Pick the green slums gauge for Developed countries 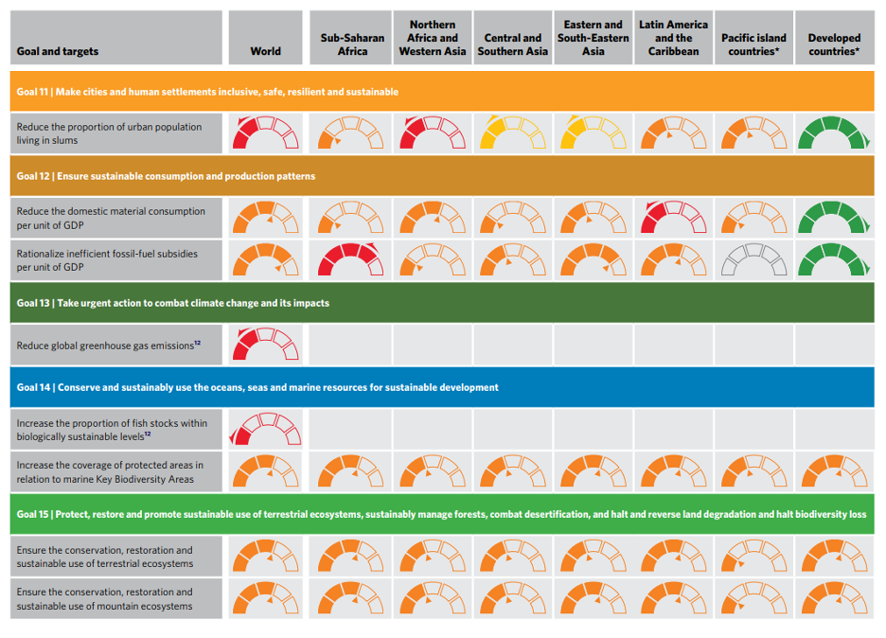(x=834, y=133)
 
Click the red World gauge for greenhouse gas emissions (x=265, y=345)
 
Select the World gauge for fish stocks (x=265, y=429)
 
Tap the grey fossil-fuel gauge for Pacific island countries (x=753, y=260)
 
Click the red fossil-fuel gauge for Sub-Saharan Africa (x=352, y=260)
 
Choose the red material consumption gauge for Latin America (x=673, y=218)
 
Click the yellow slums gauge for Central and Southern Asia (x=512, y=133)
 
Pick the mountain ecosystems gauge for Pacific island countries (x=753, y=599)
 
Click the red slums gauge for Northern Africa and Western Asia (x=433, y=133)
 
